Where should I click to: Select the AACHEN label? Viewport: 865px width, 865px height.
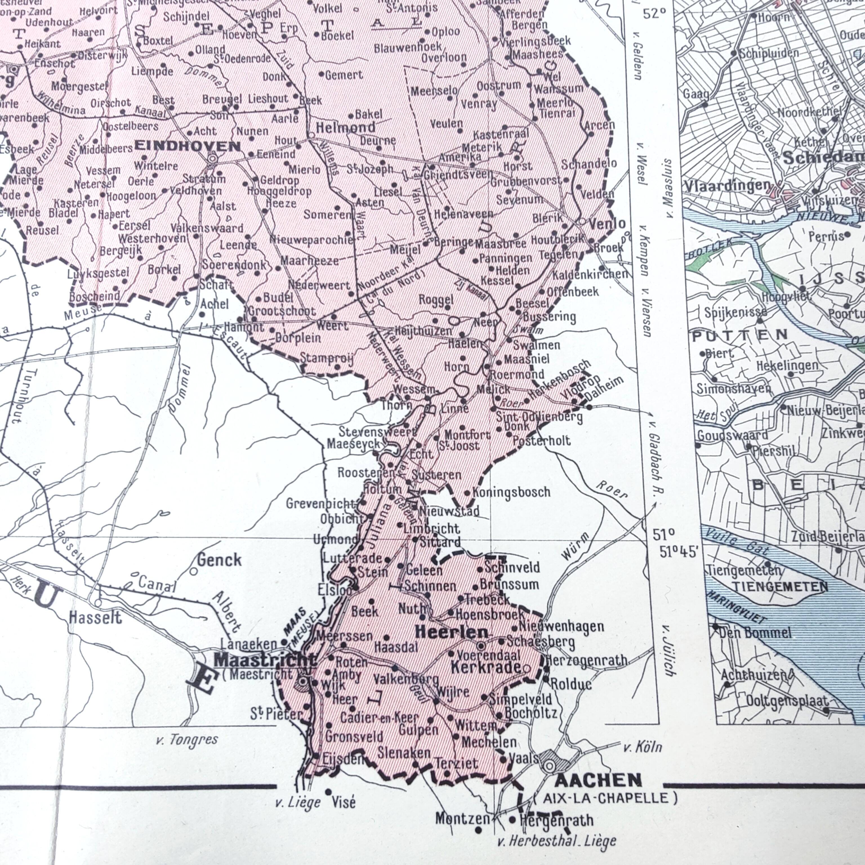click(598, 780)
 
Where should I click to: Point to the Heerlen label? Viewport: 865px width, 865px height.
click(452, 632)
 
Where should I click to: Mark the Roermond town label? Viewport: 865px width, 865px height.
click(517, 374)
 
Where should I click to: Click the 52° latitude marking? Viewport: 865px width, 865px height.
click(655, 14)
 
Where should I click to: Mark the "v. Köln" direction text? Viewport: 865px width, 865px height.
click(642, 747)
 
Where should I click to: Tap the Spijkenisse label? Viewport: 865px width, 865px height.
click(735, 312)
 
